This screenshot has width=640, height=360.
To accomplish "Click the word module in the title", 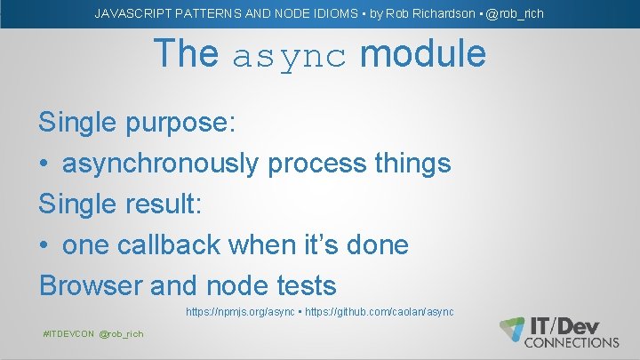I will click(422, 54).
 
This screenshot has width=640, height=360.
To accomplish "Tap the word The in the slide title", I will click(186, 54).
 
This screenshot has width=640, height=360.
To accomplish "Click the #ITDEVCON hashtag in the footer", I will click(69, 333).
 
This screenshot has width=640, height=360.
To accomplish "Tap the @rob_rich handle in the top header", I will click(515, 13).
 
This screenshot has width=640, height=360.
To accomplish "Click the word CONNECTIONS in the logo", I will click(572, 342).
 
